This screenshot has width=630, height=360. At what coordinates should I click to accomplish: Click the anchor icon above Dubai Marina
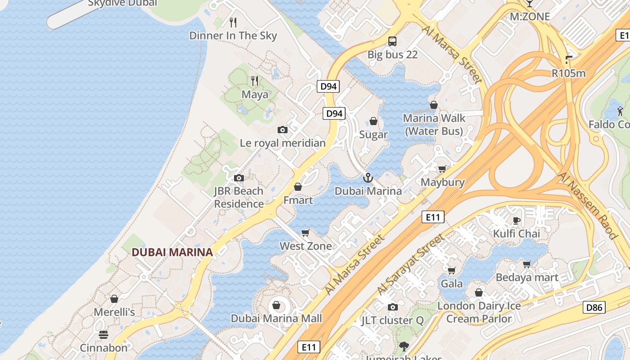click(x=368, y=178)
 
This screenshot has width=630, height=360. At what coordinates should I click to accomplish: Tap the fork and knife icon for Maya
click(x=255, y=81)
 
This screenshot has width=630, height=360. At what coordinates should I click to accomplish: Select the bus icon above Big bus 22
click(x=392, y=41)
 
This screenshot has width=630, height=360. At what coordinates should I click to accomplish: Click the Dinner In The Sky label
click(x=233, y=36)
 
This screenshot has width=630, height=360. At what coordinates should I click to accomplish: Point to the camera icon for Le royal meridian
click(x=283, y=130)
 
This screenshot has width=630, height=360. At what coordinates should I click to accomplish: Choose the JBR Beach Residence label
click(x=238, y=198)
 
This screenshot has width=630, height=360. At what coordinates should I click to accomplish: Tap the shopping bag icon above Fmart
click(x=298, y=187)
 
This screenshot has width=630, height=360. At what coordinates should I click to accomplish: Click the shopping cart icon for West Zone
click(x=306, y=233)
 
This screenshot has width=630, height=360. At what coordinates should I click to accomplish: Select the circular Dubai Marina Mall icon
click(x=276, y=306)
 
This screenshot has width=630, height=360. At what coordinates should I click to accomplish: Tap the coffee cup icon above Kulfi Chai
click(x=516, y=220)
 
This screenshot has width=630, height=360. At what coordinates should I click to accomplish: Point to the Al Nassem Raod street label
click(x=587, y=205)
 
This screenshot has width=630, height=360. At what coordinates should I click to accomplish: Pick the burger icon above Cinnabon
click(x=103, y=335)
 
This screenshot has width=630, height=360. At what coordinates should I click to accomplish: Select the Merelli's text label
click(x=114, y=312)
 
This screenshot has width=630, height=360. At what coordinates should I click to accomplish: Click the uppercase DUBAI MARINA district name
click(x=172, y=252)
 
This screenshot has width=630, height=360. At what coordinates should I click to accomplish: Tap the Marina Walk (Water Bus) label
click(x=434, y=125)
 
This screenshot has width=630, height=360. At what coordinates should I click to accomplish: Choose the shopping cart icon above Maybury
click(x=442, y=169)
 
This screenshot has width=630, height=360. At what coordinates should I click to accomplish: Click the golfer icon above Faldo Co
click(x=620, y=111)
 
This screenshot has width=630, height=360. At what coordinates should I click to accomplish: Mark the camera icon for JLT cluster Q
click(x=393, y=307)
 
